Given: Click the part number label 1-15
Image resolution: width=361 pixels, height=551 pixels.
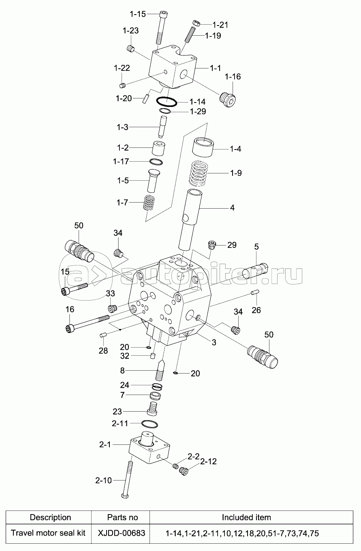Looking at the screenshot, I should pyautogui.click(x=137, y=14).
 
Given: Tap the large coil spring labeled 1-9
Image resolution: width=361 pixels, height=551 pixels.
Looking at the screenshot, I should pyautogui.click(x=201, y=172).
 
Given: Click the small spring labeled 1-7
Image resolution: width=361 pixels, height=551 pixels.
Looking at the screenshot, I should pyautogui.click(x=150, y=202).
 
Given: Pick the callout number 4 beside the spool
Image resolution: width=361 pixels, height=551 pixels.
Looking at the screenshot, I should pyautogui.click(x=232, y=208).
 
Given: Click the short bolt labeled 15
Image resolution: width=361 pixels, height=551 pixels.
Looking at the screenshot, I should pyautogui.click(x=75, y=289).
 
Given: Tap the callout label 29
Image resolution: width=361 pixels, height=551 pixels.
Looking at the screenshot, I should pyautogui.click(x=231, y=245).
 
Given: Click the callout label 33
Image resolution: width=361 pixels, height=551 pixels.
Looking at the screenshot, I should pyautogui.click(x=110, y=293).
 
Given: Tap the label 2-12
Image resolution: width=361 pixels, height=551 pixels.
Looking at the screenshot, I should pyautogui.click(x=208, y=461).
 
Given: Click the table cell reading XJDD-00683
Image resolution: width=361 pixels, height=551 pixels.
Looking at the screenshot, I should pyautogui.click(x=121, y=533).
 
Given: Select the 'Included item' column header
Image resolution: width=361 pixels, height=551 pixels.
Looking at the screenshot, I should pyautogui.click(x=246, y=517).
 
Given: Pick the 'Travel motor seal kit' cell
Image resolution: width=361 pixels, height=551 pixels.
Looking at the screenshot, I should pyautogui.click(x=48, y=533).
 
